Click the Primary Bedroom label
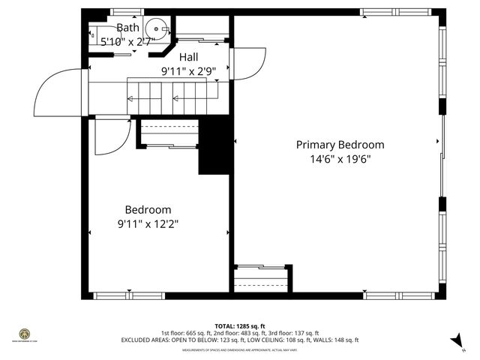340,145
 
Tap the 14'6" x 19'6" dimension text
340,159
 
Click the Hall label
188,57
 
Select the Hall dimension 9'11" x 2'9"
188,71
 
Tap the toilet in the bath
95,33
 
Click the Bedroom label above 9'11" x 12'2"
148,210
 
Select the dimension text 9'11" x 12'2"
148,223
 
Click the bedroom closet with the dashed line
168,133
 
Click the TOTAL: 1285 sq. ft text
239,326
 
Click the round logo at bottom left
25,333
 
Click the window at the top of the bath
127,11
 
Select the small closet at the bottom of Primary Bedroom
261,279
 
